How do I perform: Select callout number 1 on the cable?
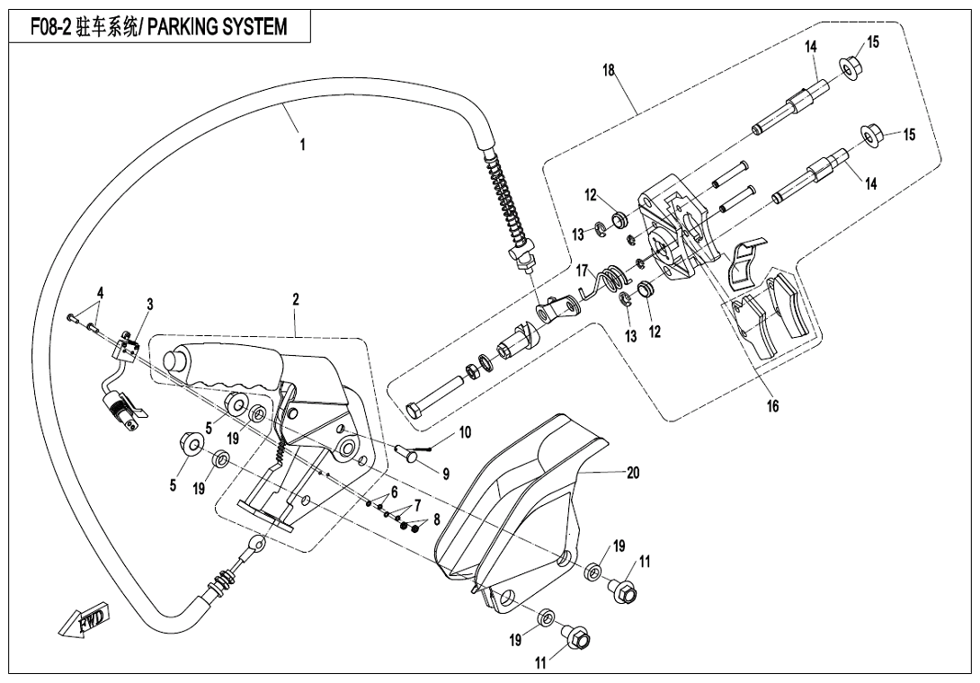tap(302, 144)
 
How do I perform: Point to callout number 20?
tap(632, 473)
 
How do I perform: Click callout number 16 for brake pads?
tap(772, 405)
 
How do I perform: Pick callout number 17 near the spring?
tap(582, 269)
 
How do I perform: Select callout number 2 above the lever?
tap(295, 297)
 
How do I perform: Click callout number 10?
tap(464, 432)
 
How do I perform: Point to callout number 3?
tap(150, 305)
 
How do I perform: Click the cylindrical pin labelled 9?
tap(411, 451)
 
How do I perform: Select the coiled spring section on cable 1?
tap(504, 198)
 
